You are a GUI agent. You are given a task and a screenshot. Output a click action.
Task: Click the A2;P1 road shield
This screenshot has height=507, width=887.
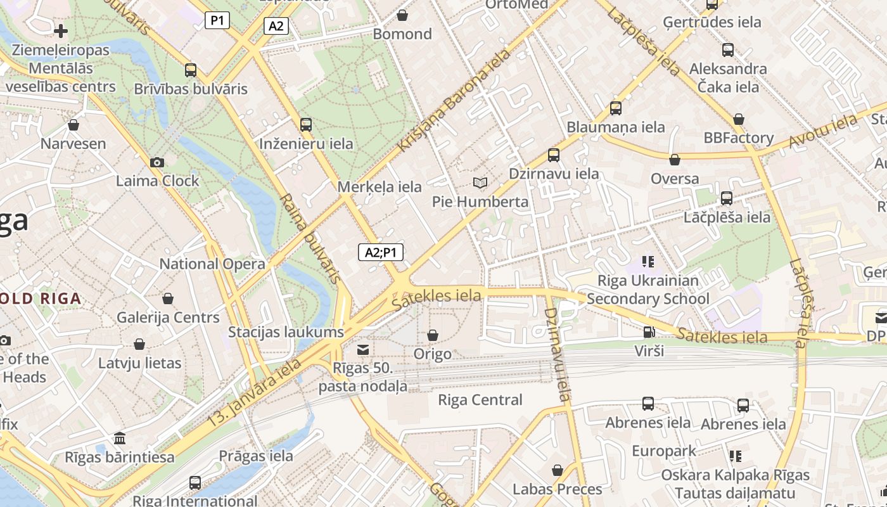tap(381, 252)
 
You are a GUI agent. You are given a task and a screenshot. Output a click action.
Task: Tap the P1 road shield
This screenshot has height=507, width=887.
tap(217, 20)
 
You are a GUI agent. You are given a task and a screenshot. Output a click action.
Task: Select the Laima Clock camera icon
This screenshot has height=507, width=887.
tap(157, 163)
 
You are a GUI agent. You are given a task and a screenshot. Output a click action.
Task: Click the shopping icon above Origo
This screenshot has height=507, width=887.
tap(433, 335)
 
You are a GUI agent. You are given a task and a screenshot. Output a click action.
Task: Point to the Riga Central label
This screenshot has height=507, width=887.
tap(480, 400)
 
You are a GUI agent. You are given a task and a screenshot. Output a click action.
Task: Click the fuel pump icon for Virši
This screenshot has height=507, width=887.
tap(649, 332)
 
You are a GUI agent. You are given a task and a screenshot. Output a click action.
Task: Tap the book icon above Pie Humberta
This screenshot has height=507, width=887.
tap(480, 183)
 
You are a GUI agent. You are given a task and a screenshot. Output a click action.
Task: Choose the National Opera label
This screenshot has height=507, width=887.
tap(212, 264)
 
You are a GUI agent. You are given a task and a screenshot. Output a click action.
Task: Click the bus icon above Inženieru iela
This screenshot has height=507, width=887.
tap(306, 125)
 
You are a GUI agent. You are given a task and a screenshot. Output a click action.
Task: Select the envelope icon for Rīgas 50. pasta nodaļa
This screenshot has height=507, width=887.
tap(363, 349)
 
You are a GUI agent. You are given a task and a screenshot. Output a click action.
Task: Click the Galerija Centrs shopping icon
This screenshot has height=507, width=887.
tap(168, 298)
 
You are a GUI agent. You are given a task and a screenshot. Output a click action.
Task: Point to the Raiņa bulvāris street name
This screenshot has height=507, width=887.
tap(310, 238)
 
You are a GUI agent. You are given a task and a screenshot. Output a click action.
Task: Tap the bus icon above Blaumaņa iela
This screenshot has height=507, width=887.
tap(616, 108)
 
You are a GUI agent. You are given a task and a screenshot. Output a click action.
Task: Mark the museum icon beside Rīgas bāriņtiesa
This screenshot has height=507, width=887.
tap(119, 438)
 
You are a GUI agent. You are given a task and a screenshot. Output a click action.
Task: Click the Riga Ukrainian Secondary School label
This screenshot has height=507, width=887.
tap(648, 290)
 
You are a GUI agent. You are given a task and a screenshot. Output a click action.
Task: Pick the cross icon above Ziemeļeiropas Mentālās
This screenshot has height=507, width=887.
tap(61, 30)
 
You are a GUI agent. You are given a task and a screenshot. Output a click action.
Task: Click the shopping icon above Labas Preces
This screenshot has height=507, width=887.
tap(558, 470)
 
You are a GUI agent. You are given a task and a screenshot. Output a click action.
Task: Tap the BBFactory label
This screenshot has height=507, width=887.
tap(738, 138)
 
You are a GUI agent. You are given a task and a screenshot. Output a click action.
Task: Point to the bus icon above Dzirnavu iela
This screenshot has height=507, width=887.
tap(554, 155)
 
